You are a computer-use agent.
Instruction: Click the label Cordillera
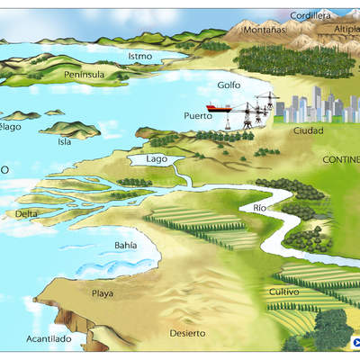coord(311,15)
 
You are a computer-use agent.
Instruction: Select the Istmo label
coord(140,56)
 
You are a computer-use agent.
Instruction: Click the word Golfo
coord(229,85)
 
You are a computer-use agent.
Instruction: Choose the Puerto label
coord(198,116)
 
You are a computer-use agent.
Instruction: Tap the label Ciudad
coord(308,130)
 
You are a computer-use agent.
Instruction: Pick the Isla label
coord(64,141)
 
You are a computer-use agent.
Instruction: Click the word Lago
coord(157,159)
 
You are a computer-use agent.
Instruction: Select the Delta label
coord(27,214)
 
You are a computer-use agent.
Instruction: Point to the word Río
coord(261,209)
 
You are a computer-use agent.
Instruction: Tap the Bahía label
coord(126,245)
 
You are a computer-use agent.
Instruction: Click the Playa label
coord(103,293)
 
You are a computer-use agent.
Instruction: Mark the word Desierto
coord(187,334)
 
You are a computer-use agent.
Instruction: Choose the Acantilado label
coord(49,338)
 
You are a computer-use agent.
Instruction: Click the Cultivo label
coord(284,292)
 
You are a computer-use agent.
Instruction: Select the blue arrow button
coord(356,342)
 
